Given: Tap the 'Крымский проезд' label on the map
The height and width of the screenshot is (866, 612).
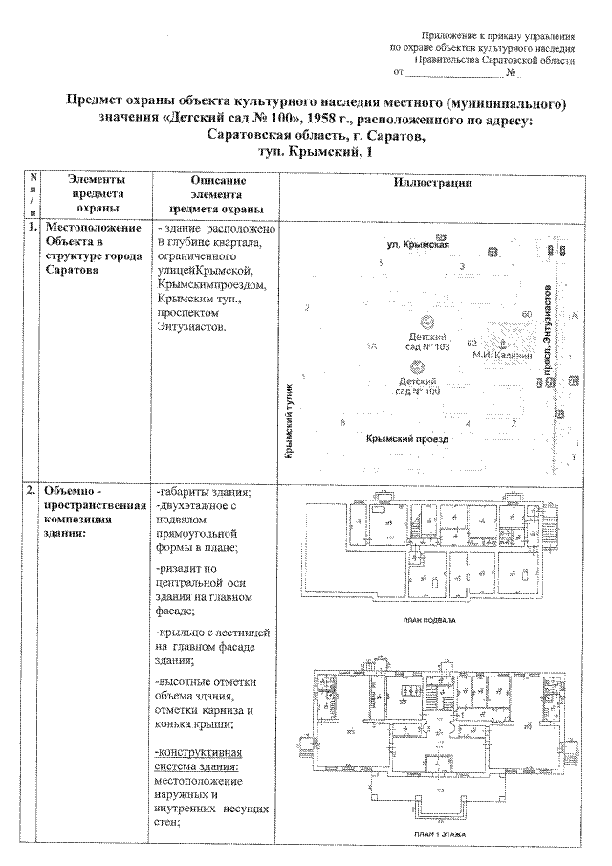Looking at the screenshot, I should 407,439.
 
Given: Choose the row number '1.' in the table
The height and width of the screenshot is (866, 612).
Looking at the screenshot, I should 33,229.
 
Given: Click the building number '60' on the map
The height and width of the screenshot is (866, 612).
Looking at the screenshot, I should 526,314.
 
